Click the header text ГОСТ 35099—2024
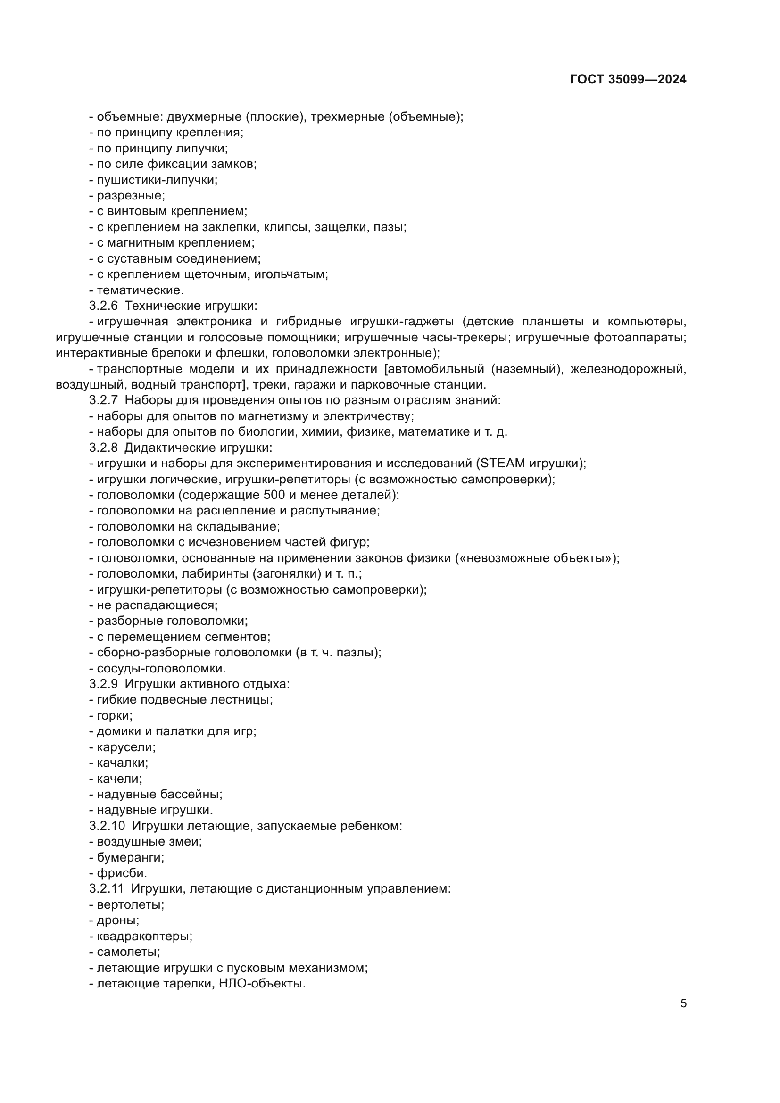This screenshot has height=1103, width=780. coord(628,79)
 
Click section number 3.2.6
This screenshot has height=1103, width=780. coord(103,306)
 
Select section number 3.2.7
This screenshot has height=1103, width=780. coord(103,400)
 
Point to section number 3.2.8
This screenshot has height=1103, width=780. coord(103,448)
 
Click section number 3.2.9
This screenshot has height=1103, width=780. coord(103,684)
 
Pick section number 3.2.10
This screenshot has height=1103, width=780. coord(107,826)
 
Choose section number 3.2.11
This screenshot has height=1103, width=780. coord(107,888)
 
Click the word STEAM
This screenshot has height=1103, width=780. coord(503,464)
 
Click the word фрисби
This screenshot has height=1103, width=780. coord(122,873)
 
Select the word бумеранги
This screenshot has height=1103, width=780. coord(130,857)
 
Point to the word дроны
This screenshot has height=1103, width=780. coord(118,920)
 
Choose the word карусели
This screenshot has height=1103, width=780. coord(126,747)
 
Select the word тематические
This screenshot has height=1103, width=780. coord(140,290)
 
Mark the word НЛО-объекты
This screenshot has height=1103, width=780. coord(262,983)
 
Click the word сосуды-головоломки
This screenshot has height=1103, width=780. coord(161,668)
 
